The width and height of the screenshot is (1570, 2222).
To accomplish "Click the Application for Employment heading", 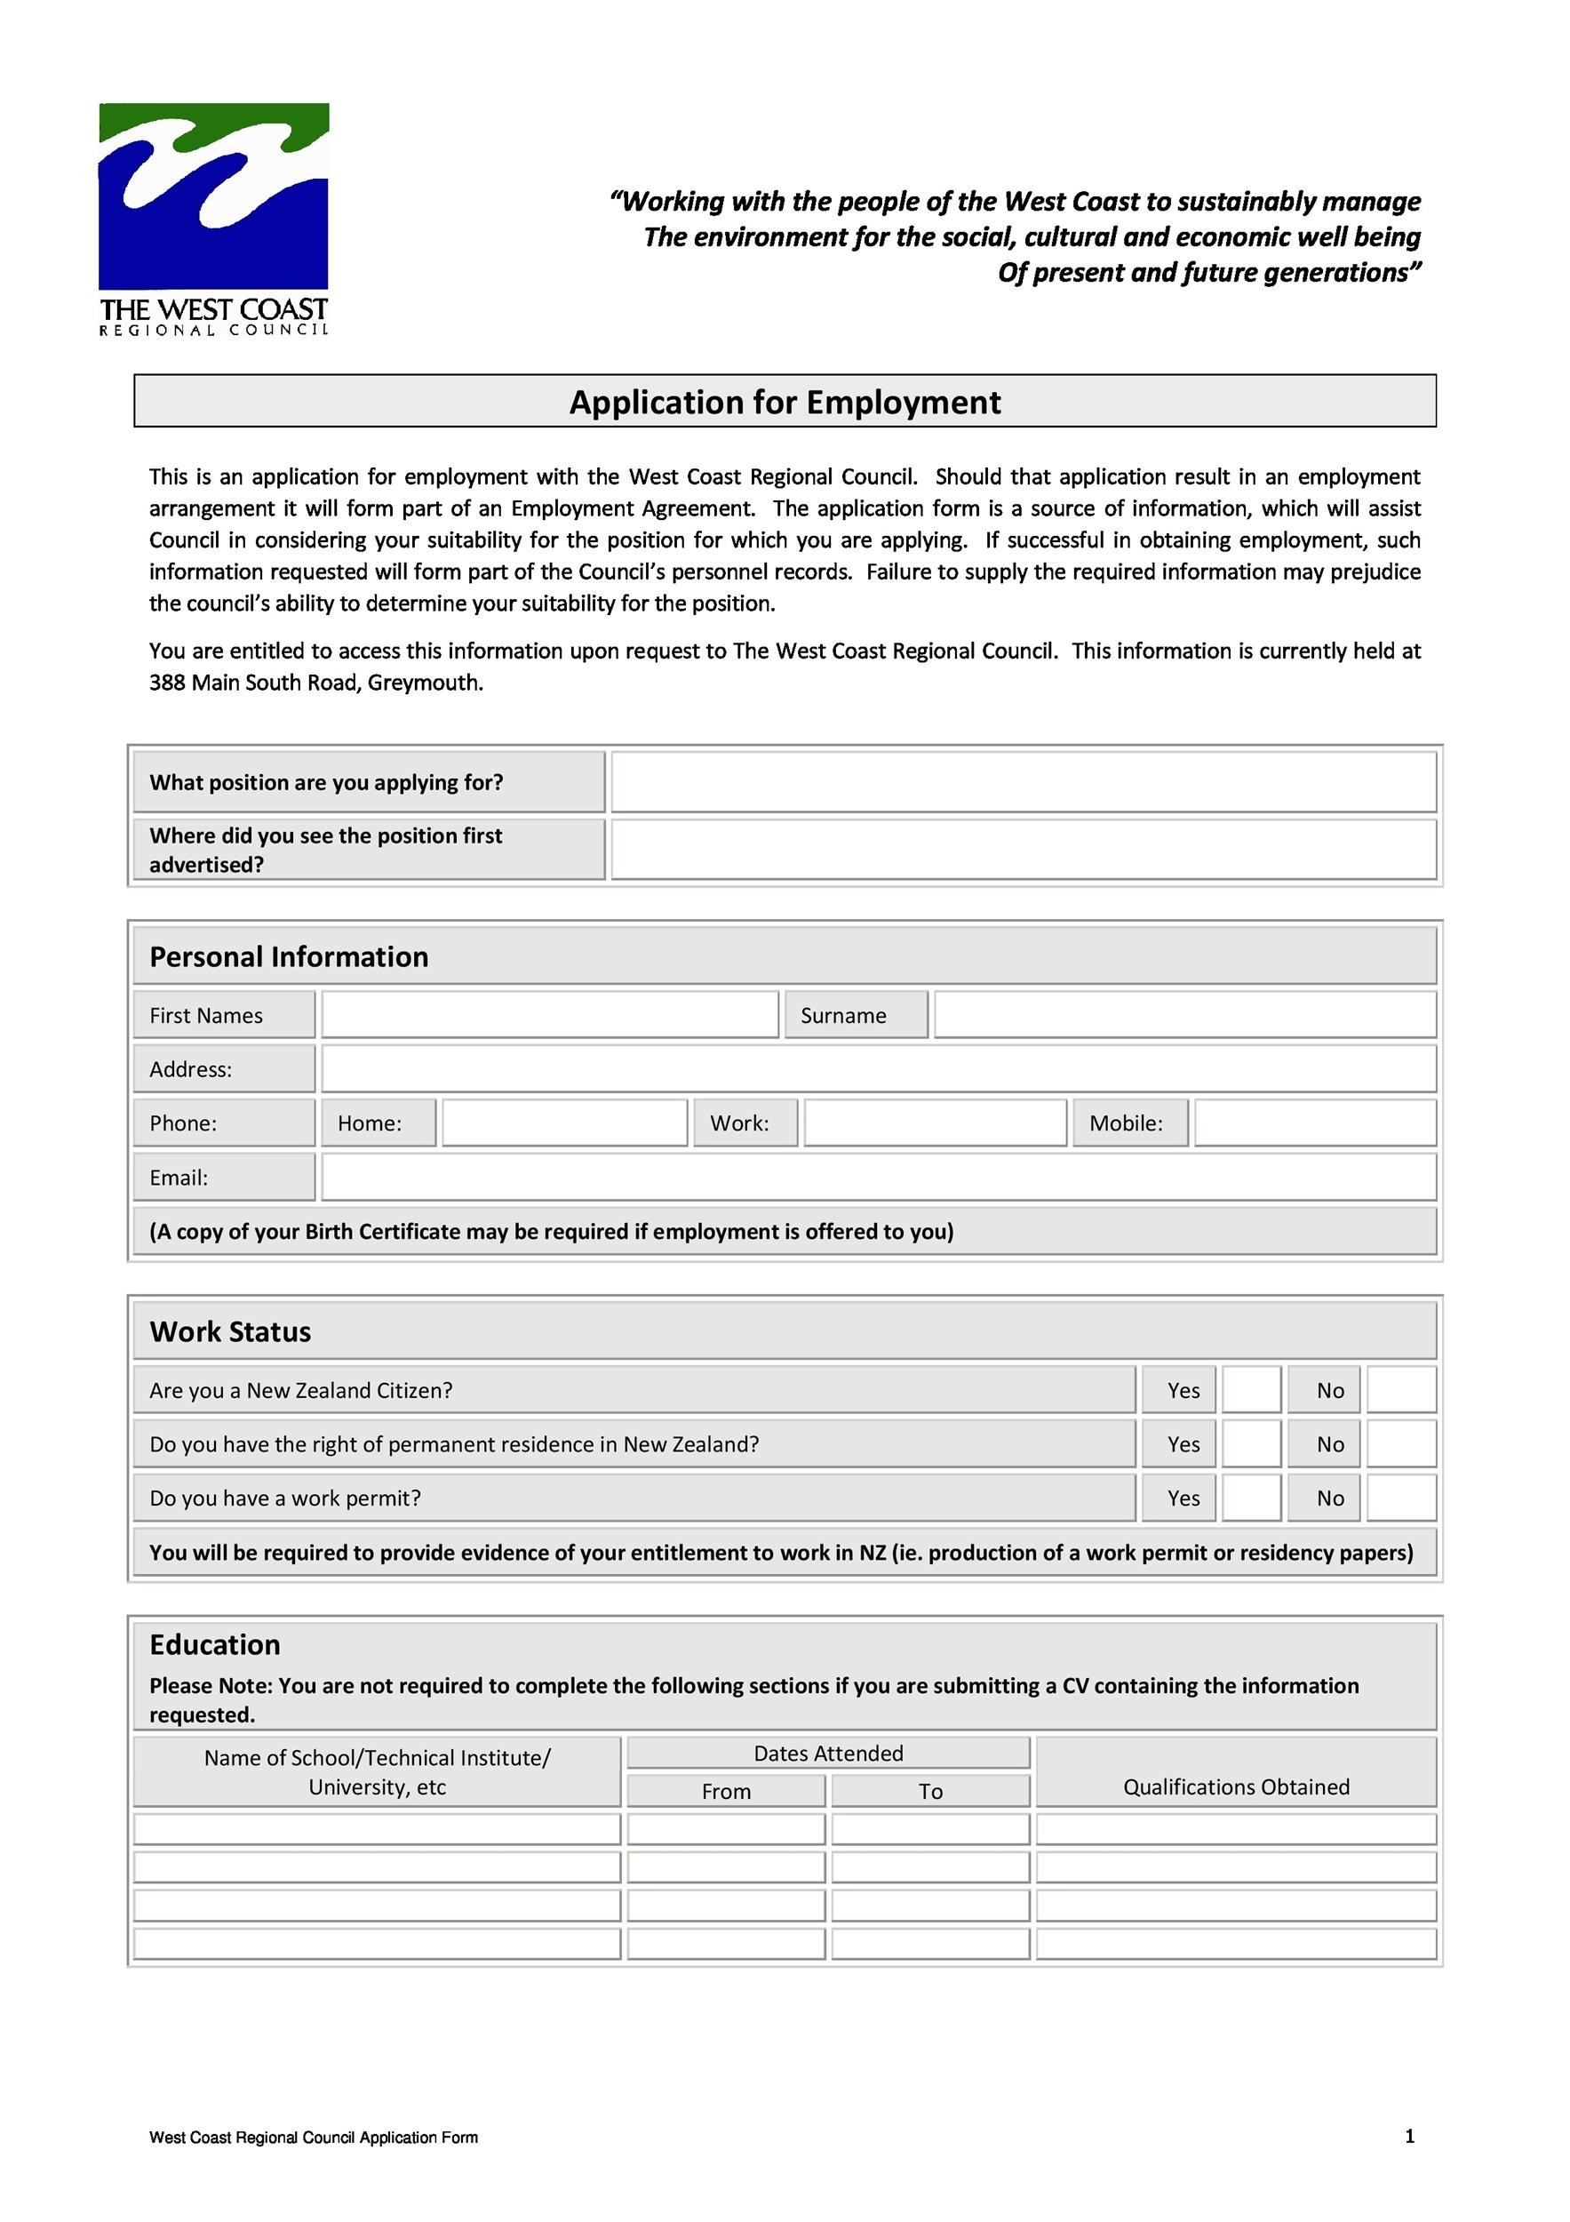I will click(785, 402).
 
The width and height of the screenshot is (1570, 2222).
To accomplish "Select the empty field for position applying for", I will click(1024, 782).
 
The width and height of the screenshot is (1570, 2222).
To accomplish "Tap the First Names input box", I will click(549, 1015).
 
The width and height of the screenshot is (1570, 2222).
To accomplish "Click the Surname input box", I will click(1185, 1015).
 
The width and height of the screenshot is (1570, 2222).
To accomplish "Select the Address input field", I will click(879, 1069).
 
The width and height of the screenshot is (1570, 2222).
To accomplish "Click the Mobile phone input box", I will click(1315, 1123).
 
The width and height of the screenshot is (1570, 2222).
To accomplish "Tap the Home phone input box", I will click(565, 1123).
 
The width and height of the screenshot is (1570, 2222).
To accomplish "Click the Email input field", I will click(879, 1178).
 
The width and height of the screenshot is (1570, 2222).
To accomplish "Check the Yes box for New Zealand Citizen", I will click(1252, 1391).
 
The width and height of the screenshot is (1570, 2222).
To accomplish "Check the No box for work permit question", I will click(1400, 1499).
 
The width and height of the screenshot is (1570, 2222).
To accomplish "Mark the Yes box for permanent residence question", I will click(1252, 1445).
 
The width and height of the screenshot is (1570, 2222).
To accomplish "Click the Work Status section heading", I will click(230, 1331).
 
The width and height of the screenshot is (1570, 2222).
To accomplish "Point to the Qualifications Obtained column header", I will click(1235, 1786).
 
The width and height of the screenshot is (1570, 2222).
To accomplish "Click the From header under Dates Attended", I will click(727, 1791).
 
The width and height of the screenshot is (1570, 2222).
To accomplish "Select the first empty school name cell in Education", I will click(378, 1829).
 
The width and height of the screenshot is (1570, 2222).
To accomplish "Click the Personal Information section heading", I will click(288, 956).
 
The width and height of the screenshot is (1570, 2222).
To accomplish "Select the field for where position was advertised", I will click(1024, 850).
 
